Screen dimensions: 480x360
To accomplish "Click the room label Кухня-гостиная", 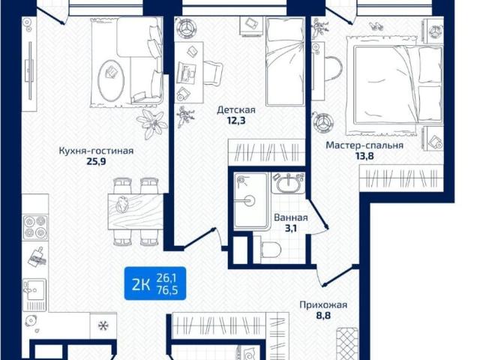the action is tap(96, 151).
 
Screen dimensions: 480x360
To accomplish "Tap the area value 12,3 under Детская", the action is tap(236, 120).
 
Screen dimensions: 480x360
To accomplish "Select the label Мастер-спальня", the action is tap(364, 145).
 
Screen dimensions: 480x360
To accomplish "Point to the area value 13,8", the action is tap(364, 156).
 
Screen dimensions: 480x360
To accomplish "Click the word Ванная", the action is tap(291, 217).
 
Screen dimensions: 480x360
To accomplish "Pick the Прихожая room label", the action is tap(323, 305).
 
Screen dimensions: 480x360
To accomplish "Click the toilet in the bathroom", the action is tap(270, 250).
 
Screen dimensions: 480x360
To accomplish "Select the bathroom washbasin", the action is tap(288, 184).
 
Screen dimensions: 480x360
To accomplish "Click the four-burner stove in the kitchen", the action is tap(35, 227).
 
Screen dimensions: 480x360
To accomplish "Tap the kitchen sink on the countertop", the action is tap(35, 289).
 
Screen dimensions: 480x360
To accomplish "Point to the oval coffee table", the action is tap(111, 79).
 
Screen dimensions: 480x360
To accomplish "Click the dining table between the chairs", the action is tap(136, 211).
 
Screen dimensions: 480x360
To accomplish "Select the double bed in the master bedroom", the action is tap(398, 85).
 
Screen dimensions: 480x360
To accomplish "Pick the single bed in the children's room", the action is tap(285, 61).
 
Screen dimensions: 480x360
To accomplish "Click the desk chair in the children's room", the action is tap(213, 73).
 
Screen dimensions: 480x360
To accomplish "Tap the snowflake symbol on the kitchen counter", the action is tap(103, 325).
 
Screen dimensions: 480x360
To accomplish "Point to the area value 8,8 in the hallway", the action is tap(323, 315).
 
